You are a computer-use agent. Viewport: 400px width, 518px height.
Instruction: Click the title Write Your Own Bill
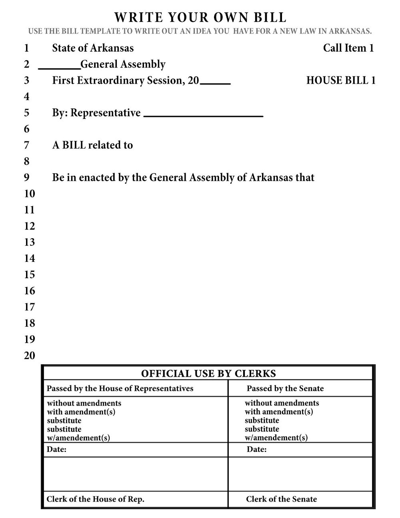coord(200,18)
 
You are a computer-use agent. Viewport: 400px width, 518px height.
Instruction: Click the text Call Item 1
coord(348,48)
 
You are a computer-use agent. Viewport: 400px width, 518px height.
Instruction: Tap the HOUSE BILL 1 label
coord(341,80)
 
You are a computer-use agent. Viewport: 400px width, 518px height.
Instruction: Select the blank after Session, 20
coord(215,82)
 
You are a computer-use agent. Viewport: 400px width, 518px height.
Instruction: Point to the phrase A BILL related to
coord(92,145)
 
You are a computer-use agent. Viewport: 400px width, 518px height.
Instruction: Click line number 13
coord(30,242)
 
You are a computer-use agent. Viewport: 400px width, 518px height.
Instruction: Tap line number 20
coord(30,355)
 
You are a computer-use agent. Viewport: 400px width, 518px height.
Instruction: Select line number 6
coord(27,129)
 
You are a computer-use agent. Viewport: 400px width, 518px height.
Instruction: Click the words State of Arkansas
coord(93,48)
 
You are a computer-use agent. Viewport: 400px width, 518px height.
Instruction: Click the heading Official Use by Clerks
coord(208,373)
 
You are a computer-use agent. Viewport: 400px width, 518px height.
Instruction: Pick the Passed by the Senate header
coord(285,388)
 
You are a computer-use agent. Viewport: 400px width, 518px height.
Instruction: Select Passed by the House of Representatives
coord(120,388)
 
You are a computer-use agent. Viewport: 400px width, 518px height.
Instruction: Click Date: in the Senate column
coord(256,449)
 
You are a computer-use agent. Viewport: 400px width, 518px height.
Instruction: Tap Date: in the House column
coord(56,449)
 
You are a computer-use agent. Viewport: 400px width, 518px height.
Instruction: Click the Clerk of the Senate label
coord(281,499)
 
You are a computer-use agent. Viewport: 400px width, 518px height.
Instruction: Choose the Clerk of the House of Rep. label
coord(96,499)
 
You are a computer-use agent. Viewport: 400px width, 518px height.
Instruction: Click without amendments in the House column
coord(84,403)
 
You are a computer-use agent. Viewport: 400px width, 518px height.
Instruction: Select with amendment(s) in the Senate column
coord(279,412)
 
